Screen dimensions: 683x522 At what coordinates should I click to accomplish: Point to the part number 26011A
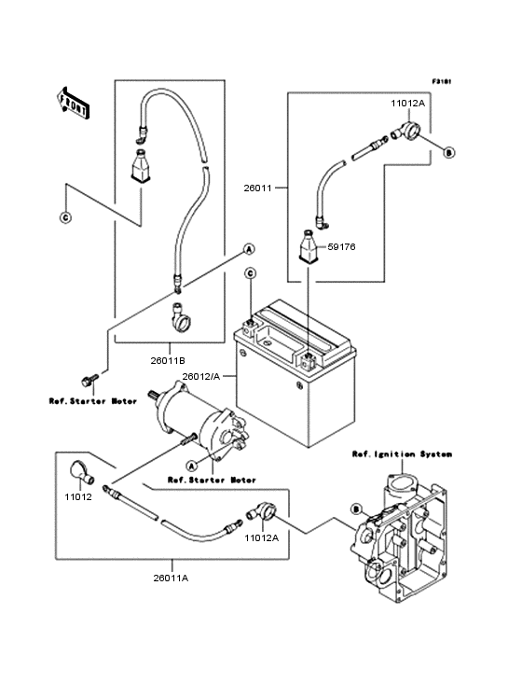tap(172, 578)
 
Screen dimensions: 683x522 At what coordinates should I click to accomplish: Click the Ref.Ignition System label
tap(402, 454)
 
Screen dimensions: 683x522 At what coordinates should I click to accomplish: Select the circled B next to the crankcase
tap(355, 509)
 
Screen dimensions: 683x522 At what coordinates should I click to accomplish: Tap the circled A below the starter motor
tap(192, 465)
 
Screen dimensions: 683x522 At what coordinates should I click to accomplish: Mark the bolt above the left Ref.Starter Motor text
tap(89, 380)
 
